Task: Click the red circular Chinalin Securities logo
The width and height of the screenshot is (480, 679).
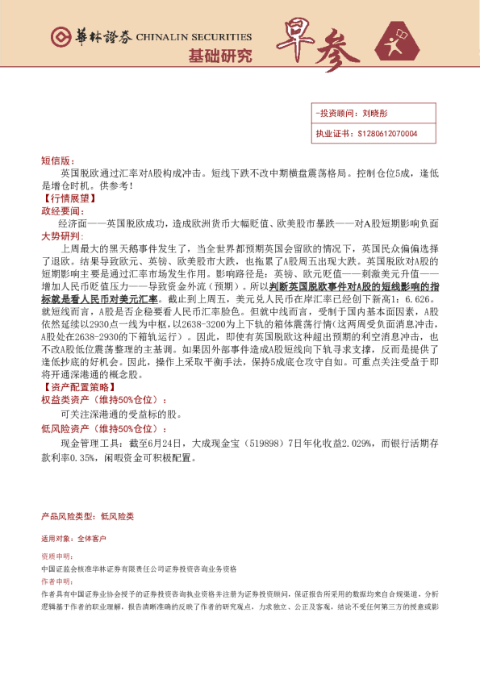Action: point(61,37)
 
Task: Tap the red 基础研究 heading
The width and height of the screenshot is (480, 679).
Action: point(219,56)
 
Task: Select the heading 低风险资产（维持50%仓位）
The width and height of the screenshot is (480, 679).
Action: point(104,429)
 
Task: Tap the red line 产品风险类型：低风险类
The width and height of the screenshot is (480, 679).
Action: point(86,515)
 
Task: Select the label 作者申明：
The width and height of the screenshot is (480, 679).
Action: point(56,581)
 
